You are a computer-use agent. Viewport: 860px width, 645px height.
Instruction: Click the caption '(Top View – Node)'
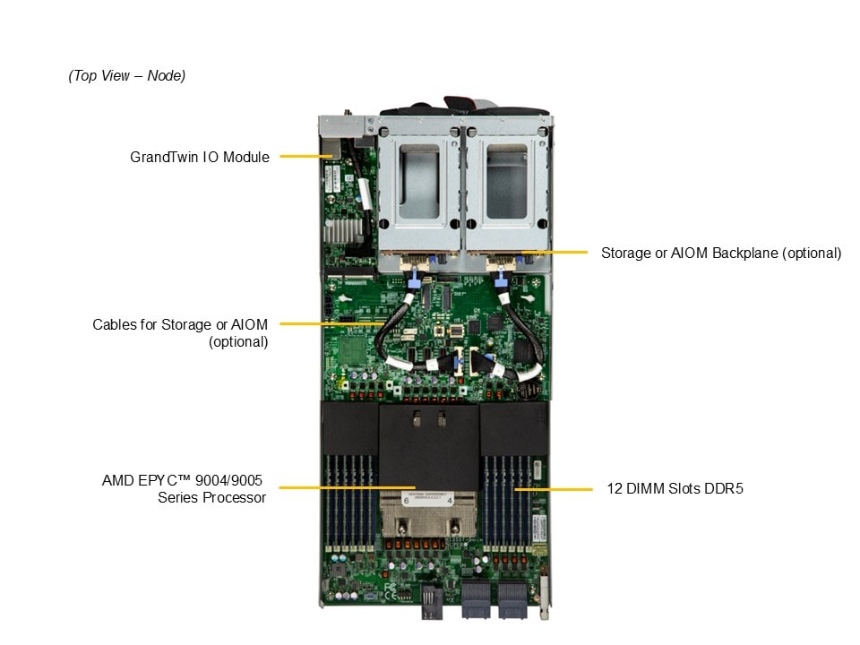click(x=126, y=75)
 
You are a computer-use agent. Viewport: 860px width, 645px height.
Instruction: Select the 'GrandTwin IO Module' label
click(x=200, y=157)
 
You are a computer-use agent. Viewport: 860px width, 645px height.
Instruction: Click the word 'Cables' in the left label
click(x=114, y=324)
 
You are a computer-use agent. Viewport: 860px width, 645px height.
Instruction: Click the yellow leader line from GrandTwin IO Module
click(x=306, y=156)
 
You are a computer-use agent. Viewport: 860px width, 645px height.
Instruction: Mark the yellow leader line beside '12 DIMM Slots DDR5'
click(x=554, y=489)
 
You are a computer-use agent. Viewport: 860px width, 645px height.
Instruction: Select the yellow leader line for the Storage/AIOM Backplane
click(x=555, y=253)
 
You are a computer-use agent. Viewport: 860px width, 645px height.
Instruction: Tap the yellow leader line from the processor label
click(x=348, y=487)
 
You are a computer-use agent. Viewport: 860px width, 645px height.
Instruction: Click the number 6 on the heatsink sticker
click(x=407, y=500)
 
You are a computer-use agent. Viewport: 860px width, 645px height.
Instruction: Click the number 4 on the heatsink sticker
click(x=450, y=500)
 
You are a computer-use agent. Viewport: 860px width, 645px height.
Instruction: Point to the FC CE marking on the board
click(x=390, y=591)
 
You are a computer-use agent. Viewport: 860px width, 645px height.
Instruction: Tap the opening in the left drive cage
click(x=419, y=182)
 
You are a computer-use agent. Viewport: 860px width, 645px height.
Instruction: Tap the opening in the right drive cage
click(x=506, y=182)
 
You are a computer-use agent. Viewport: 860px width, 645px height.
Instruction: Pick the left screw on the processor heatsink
click(x=402, y=528)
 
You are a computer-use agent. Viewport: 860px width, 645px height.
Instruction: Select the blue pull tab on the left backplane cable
click(x=414, y=279)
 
